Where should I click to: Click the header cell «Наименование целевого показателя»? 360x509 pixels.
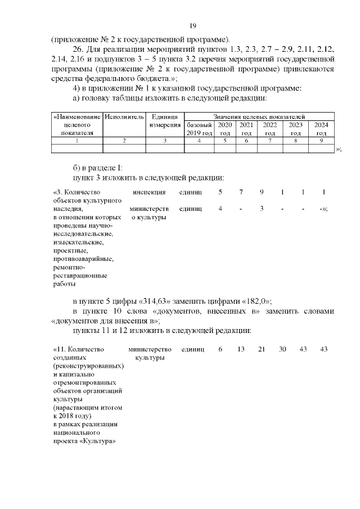coord(77,124)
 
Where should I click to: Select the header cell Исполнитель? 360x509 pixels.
coord(124,116)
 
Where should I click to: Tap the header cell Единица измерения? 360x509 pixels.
coord(164,120)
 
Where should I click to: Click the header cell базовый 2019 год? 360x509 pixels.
coord(199,129)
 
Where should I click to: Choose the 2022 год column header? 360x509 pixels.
coord(270,129)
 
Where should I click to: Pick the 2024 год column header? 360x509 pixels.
coord(321,129)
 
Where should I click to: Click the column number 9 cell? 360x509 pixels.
coord(321,141)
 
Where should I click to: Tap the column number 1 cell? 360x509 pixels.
coord(77,141)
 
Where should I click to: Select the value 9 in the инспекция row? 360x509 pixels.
coord(262,192)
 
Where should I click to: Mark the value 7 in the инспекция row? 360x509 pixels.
coord(241,192)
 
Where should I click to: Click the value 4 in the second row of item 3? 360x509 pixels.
coord(220,209)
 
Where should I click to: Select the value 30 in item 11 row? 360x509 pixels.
coord(282,349)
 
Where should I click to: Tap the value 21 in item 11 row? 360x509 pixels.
coord(262,349)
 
